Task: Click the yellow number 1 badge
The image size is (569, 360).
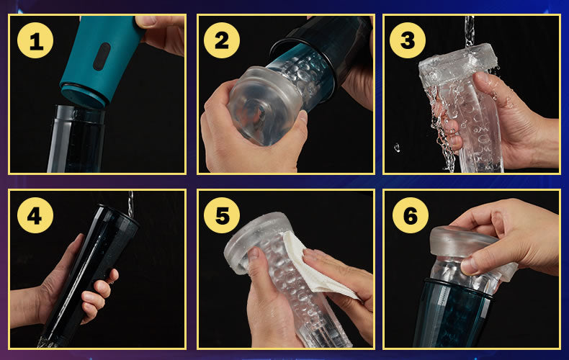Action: pos(35,40)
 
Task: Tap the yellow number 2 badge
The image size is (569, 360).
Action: pos(222,40)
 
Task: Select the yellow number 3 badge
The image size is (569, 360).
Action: pos(408,40)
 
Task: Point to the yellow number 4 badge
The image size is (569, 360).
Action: pos(35,215)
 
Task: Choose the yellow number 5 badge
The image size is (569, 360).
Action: pos(222,215)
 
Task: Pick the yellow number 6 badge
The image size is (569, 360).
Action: pos(411,215)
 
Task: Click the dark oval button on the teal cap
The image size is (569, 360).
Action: pos(102,56)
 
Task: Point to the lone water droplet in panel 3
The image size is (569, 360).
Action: pos(397,148)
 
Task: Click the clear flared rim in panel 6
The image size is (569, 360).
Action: pos(472,247)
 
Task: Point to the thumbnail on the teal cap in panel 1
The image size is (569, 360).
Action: pos(146,22)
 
